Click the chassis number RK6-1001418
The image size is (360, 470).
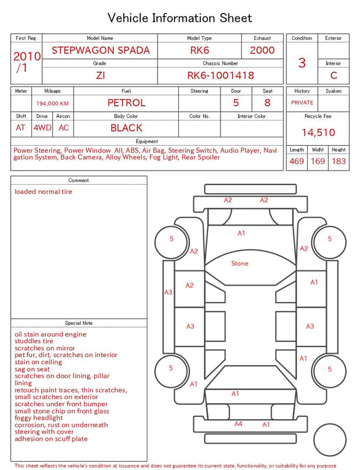pos(220,75)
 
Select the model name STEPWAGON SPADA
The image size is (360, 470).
pos(101,50)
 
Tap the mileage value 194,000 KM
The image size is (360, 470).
pos(52,104)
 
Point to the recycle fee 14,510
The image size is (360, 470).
pos(318,132)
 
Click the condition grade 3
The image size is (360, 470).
pos(302,62)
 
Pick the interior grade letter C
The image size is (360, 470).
pos(334,75)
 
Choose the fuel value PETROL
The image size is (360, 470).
pos(127,103)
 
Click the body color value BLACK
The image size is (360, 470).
pos(127,128)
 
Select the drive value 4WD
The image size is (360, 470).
pos(42,128)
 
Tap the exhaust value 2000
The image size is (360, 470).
pos(262,50)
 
